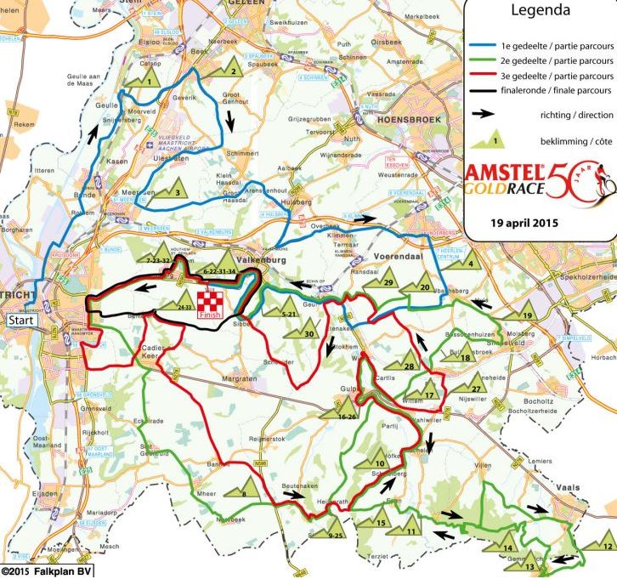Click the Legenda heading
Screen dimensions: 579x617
coord(538,12)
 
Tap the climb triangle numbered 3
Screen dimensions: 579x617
coord(175,190)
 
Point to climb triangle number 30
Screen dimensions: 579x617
coord(308,332)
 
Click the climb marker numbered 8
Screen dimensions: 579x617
coord(243,491)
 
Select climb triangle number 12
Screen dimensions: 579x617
coord(606,543)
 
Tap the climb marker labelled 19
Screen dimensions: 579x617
coord(526,314)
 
